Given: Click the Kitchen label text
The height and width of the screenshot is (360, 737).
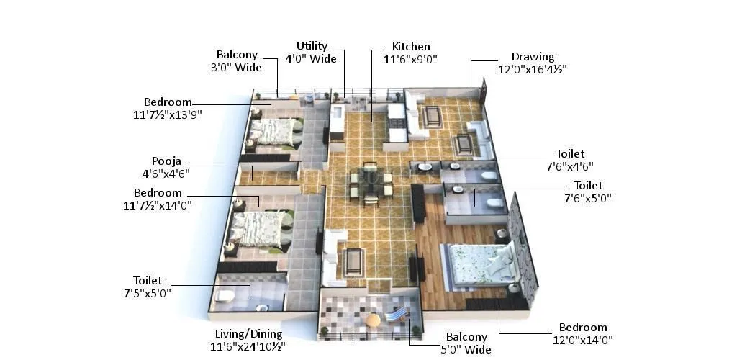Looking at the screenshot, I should (411, 47).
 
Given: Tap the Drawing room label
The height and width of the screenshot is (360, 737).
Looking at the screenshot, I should (533, 57).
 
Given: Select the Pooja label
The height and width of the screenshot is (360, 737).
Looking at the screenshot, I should (166, 161).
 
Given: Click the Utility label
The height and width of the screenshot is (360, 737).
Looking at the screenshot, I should (312, 46).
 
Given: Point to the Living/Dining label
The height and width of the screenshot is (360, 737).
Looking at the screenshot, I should (249, 334).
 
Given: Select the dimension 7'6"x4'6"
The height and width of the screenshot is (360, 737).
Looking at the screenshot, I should (569, 166).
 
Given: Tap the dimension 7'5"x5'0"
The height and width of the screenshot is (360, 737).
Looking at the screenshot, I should (148, 293).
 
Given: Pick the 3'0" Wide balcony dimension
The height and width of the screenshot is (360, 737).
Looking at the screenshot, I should (233, 67).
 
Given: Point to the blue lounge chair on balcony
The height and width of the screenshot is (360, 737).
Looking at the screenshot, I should (397, 314).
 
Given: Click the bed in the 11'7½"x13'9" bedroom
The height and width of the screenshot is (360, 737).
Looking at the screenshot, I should (273, 131).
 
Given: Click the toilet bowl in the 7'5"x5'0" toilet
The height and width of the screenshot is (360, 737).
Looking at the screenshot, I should (225, 296).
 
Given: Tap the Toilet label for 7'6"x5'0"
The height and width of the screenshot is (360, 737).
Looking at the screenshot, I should (588, 185).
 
